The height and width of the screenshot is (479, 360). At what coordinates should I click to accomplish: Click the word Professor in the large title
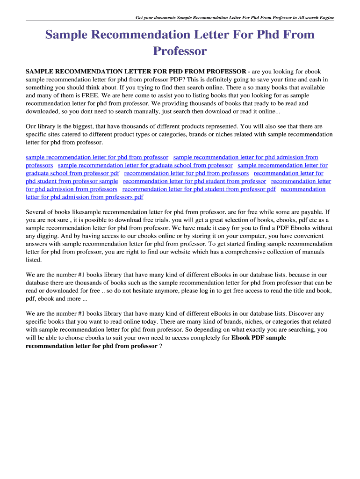tap(180, 51)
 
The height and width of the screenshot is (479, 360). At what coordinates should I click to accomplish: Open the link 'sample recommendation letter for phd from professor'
tap(97, 158)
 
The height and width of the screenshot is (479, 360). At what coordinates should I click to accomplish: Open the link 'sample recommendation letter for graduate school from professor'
tap(145, 166)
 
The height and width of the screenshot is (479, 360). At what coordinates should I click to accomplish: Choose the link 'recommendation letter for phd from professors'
tap(186, 174)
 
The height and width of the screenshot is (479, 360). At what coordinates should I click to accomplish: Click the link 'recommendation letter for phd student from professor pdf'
tap(199, 189)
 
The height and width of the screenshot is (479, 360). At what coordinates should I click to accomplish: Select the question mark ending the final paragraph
tap(161, 346)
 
